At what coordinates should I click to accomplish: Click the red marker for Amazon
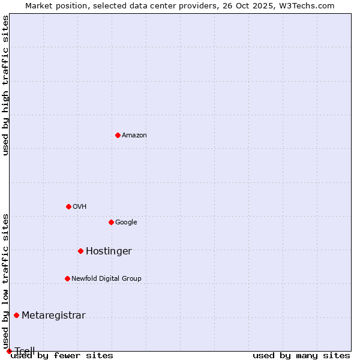(x=118, y=135)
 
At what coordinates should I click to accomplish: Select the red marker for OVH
(x=68, y=206)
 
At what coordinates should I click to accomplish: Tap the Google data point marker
(x=111, y=222)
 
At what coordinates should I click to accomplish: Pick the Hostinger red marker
(x=80, y=251)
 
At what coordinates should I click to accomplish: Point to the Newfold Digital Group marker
(x=67, y=278)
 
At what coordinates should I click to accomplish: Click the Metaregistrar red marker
(x=16, y=315)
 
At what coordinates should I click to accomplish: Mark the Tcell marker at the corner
(x=9, y=351)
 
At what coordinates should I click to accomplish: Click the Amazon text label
(x=134, y=136)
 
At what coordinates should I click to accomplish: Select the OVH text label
(x=80, y=207)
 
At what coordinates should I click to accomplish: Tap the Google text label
(x=126, y=223)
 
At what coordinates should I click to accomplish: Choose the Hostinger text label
(x=109, y=251)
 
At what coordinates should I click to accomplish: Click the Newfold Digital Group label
(x=106, y=278)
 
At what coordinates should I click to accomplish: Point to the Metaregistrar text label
(x=53, y=316)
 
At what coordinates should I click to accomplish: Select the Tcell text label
(x=25, y=351)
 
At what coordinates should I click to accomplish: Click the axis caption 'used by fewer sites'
(x=62, y=356)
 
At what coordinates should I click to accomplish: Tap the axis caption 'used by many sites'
(x=301, y=356)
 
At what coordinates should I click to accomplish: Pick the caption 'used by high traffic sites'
(x=5, y=85)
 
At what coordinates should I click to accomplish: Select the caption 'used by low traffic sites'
(x=5, y=281)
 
